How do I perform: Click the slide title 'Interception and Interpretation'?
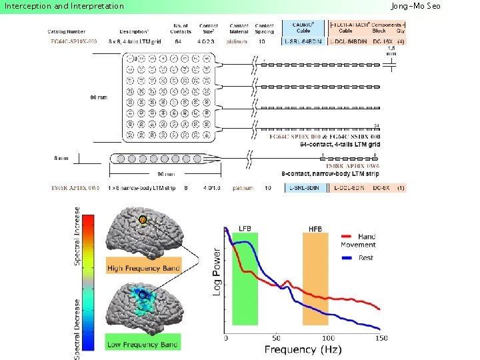[65, 6]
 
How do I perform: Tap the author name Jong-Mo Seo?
[434, 6]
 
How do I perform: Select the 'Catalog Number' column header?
[66, 31]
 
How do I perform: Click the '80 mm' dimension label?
[98, 97]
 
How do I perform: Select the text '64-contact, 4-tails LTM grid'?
[340, 144]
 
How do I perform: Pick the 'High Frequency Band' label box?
[143, 268]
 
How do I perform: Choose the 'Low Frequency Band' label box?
[142, 344]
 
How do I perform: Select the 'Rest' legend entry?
[365, 257]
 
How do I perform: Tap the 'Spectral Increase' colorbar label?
[77, 237]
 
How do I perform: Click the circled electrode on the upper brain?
[143, 220]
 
